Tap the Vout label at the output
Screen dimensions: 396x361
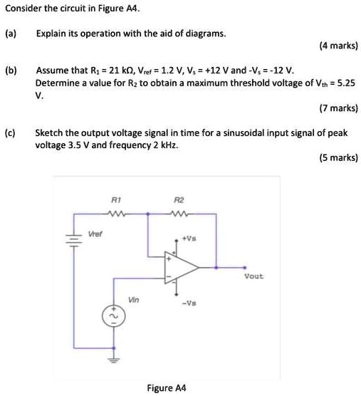click(253, 276)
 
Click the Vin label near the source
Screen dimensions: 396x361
click(133, 299)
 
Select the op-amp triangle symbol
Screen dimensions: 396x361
click(181, 268)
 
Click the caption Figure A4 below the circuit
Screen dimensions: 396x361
click(166, 388)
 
